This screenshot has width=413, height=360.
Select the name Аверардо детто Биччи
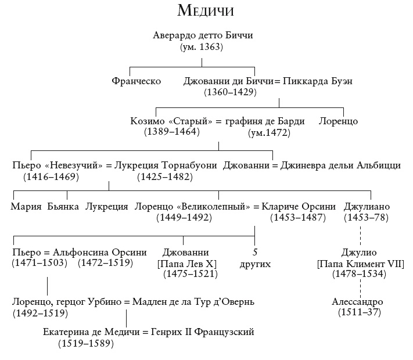coord(203,36)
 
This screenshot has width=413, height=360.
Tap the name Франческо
coord(136,81)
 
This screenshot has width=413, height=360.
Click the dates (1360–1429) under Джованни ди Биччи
coord(230,92)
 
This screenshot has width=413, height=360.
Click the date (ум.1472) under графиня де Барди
coord(269,132)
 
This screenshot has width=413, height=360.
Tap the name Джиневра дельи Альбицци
coord(340,165)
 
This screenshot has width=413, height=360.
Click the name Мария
coord(25,207)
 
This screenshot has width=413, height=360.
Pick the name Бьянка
coord(63,207)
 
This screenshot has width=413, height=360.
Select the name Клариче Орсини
coord(299,207)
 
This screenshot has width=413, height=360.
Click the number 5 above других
coord(255,253)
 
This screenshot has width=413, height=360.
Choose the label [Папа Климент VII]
coord(358,264)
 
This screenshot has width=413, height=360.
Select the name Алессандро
coord(358,303)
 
